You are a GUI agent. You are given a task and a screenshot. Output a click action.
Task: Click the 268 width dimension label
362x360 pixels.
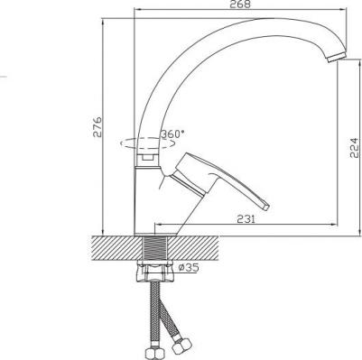(240, 5)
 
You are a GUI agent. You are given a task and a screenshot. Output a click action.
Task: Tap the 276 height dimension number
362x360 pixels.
(97, 127)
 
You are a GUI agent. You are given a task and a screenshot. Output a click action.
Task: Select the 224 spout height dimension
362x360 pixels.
(355, 148)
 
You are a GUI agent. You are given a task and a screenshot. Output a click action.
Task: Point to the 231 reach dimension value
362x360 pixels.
(246, 219)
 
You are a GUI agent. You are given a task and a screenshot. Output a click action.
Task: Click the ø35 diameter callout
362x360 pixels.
(189, 267)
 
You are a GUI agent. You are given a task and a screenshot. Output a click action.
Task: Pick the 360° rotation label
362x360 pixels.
(172, 134)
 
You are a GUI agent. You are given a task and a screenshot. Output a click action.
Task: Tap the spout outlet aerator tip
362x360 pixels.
(337, 57)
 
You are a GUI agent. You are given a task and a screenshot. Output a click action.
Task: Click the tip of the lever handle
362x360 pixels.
(266, 207)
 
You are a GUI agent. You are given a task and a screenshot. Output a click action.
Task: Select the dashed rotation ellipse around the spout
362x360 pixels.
(147, 143)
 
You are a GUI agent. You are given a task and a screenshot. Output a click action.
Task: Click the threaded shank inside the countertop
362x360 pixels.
(154, 248)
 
